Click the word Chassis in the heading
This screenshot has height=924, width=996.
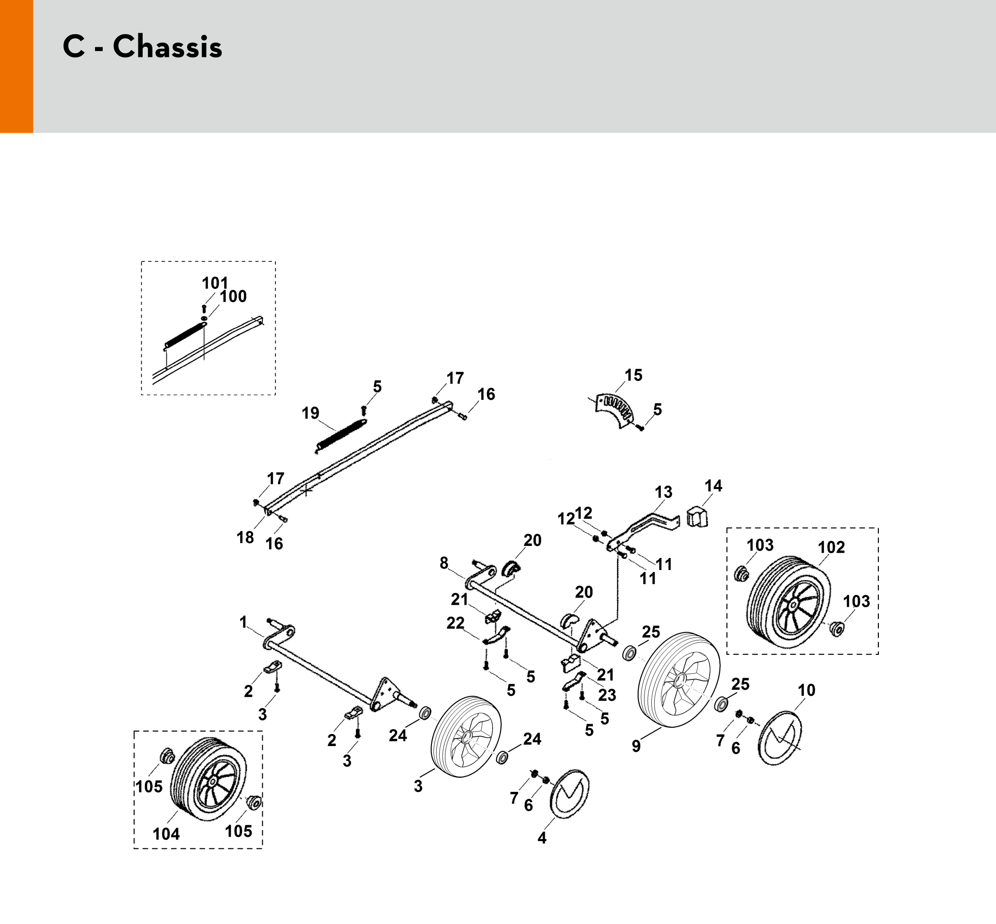click(167, 47)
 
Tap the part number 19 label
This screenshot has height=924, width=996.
click(310, 413)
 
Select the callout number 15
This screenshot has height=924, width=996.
click(633, 375)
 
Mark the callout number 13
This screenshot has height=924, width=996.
click(664, 492)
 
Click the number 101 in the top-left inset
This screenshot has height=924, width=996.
click(215, 283)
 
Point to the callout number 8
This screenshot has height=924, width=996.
click(444, 563)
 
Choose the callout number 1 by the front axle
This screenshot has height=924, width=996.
click(243, 622)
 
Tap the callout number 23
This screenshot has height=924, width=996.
click(607, 694)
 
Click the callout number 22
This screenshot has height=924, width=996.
click(455, 623)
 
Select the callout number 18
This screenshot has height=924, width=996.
click(245, 538)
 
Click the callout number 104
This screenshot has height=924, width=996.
click(166, 834)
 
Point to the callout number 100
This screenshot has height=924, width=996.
click(233, 296)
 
